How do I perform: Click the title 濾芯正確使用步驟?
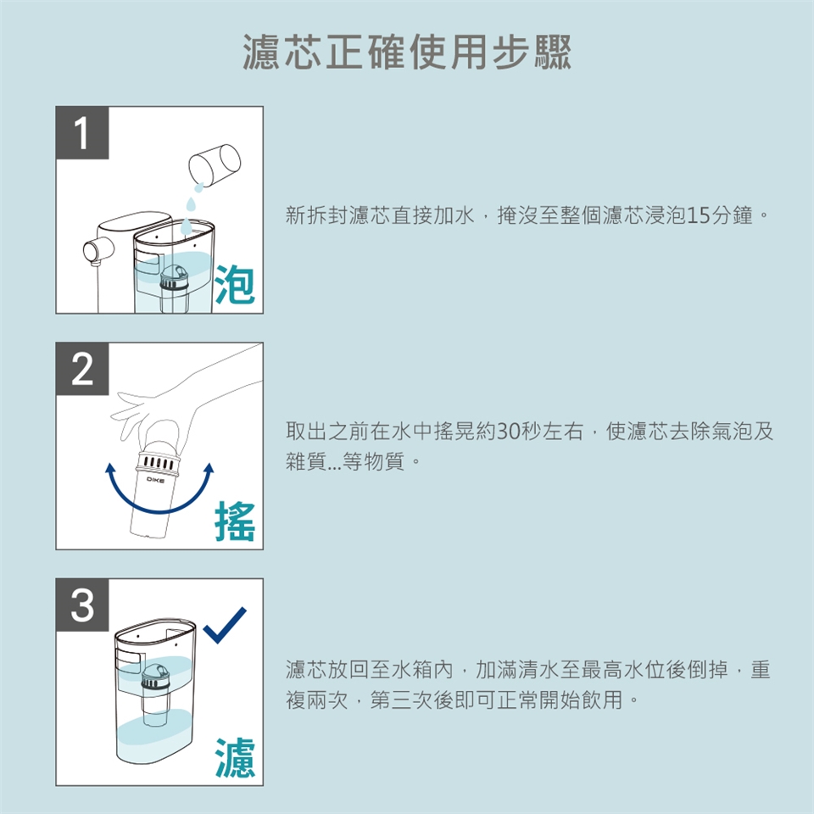tap(407, 52)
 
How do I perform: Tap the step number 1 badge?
tap(82, 133)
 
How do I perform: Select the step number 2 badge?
tap(82, 369)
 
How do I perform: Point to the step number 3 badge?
tap(82, 605)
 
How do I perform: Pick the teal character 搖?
tap(235, 521)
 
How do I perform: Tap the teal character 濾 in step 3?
tap(235, 757)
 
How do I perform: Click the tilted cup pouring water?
tap(215, 164)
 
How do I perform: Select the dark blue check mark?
tap(224, 625)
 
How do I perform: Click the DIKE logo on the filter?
tap(155, 480)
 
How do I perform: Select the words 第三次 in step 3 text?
tap(401, 700)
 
